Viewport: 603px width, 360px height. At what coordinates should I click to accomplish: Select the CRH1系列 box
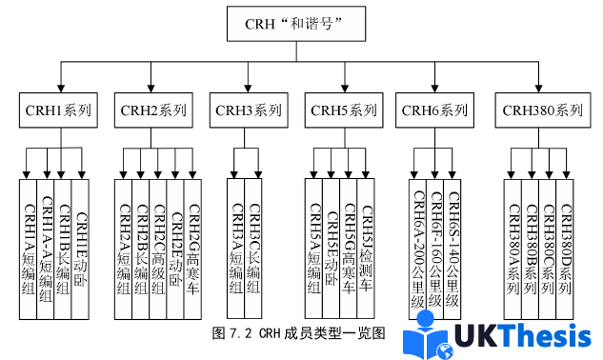tap(58, 110)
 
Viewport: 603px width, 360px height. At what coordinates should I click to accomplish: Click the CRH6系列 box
tap(435, 110)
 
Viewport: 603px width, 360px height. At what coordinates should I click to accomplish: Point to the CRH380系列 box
tap(540, 110)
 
